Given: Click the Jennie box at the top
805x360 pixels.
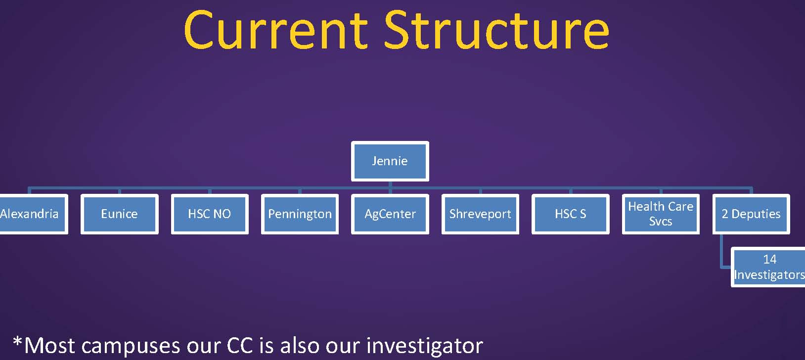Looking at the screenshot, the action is [390, 161].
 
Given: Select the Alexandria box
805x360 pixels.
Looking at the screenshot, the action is [33, 214].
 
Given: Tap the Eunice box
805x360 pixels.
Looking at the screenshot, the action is [119, 214].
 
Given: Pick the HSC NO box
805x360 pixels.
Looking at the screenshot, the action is [210, 214].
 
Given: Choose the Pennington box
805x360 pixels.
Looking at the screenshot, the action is [300, 214].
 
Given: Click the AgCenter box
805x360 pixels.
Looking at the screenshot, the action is [390, 214].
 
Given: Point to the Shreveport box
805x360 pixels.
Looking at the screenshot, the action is [480, 214].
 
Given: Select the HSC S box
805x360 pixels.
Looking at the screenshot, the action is [570, 214].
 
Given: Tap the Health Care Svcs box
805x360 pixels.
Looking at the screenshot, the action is [661, 214].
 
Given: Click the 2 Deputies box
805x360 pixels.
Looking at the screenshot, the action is [751, 214].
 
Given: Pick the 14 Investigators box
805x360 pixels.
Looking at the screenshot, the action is [768, 267].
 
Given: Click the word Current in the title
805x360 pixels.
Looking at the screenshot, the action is [276, 30].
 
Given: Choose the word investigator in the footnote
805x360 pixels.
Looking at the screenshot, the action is [425, 346].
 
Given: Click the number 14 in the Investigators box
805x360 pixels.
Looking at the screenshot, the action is [770, 260].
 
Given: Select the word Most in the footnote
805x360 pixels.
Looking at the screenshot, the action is [49, 346].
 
